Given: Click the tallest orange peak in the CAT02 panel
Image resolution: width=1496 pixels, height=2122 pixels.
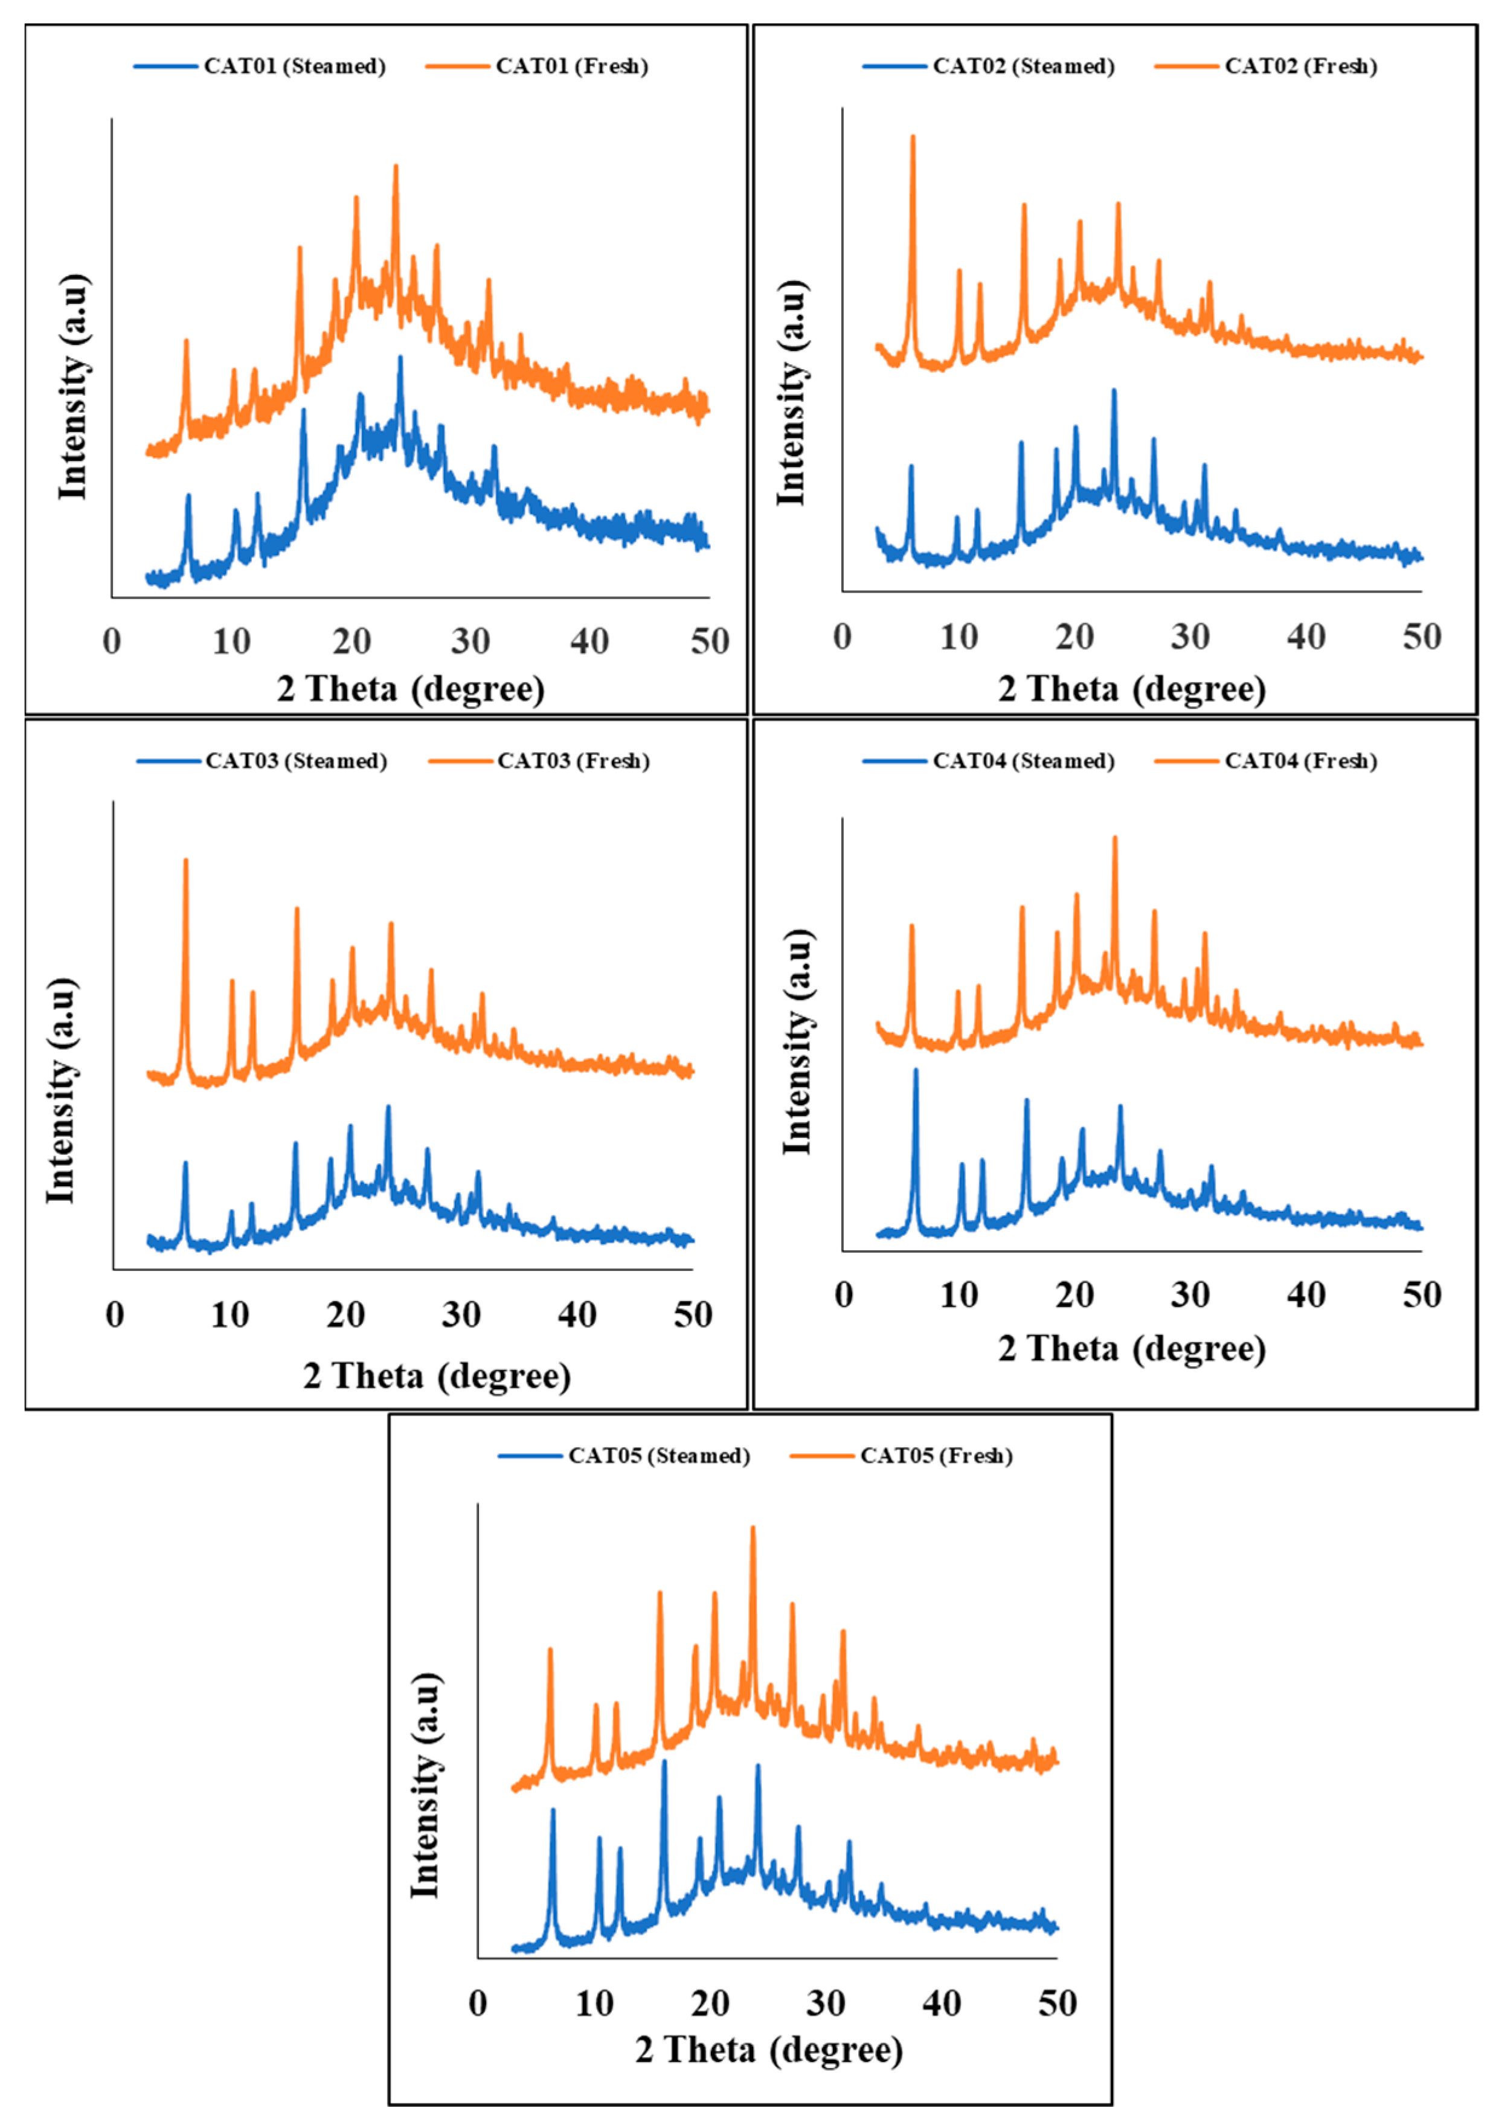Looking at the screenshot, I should (x=913, y=137).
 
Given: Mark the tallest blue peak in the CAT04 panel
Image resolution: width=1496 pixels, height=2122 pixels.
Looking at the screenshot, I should (x=916, y=1070).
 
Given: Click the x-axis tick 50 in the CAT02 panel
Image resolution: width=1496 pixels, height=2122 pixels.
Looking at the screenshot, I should (x=1421, y=637).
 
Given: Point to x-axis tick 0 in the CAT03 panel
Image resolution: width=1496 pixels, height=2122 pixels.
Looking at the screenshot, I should (x=115, y=1314).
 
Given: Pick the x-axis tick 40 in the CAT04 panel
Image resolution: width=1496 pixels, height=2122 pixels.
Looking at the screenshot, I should (x=1306, y=1295).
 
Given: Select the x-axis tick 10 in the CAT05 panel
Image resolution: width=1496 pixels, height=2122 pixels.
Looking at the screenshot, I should (x=594, y=2004).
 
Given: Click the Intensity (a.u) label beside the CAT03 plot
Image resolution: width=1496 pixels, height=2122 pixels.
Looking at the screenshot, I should (x=61, y=1090).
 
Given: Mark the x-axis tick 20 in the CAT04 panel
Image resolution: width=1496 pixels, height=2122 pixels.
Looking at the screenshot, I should (x=1074, y=1295).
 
